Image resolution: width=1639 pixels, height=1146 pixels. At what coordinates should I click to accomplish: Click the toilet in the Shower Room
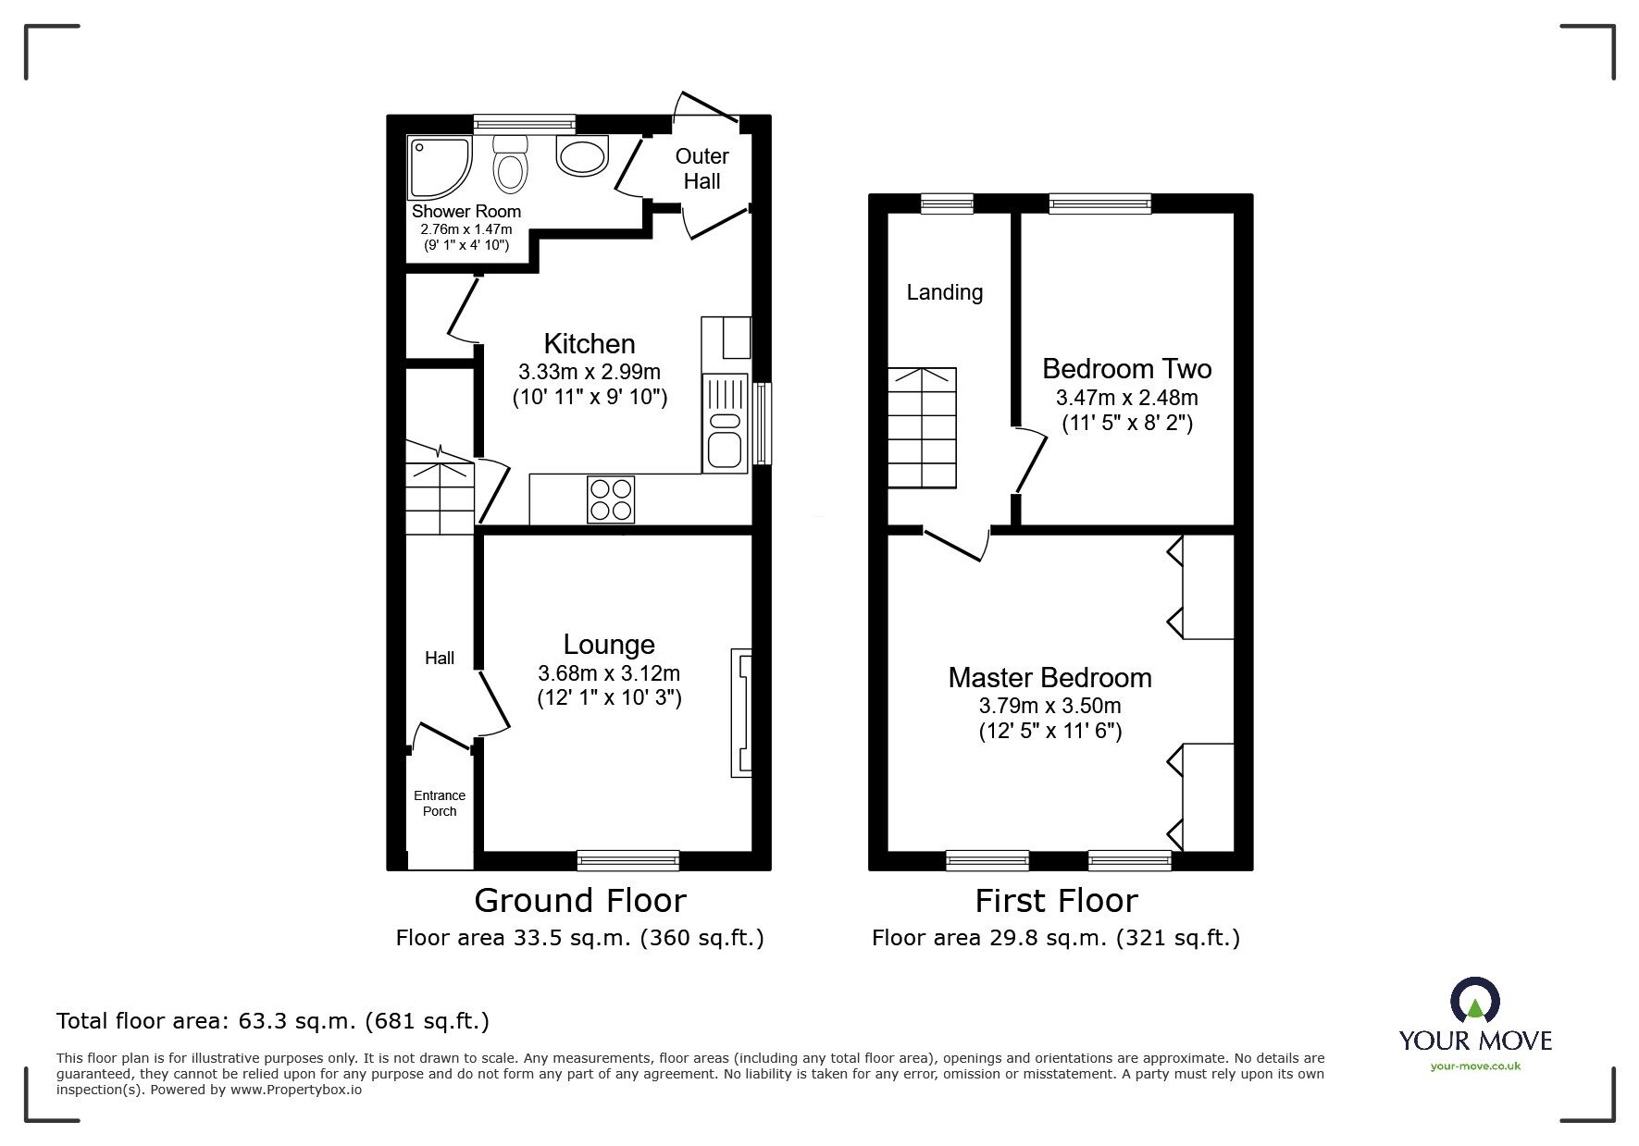(510, 164)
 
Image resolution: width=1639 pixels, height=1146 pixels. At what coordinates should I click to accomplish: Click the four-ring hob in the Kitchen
(611, 499)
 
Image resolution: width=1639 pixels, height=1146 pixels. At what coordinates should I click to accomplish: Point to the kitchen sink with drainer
(725, 422)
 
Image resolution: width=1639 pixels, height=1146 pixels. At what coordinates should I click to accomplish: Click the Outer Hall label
(702, 168)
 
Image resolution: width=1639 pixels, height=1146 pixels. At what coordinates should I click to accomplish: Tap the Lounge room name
(609, 645)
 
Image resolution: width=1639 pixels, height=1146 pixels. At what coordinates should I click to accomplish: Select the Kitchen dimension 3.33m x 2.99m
(590, 372)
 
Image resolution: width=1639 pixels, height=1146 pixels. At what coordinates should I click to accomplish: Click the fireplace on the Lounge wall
(741, 713)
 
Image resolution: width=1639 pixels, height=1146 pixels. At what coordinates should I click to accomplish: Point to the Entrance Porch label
(440, 803)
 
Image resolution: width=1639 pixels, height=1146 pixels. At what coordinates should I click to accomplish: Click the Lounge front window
(627, 860)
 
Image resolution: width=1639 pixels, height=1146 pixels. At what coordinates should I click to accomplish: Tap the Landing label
(944, 292)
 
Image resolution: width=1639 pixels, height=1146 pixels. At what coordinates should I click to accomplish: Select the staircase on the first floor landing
(923, 427)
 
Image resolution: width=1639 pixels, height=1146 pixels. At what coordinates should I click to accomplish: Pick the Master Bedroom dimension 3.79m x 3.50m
(1049, 706)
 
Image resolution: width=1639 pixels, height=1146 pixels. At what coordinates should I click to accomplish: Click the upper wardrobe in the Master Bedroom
(1206, 586)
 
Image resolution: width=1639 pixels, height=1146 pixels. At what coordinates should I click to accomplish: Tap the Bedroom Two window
(1099, 203)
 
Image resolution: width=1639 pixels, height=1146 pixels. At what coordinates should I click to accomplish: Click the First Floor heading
(1056, 900)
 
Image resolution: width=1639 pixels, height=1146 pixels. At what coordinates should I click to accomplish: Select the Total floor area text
(273, 1021)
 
